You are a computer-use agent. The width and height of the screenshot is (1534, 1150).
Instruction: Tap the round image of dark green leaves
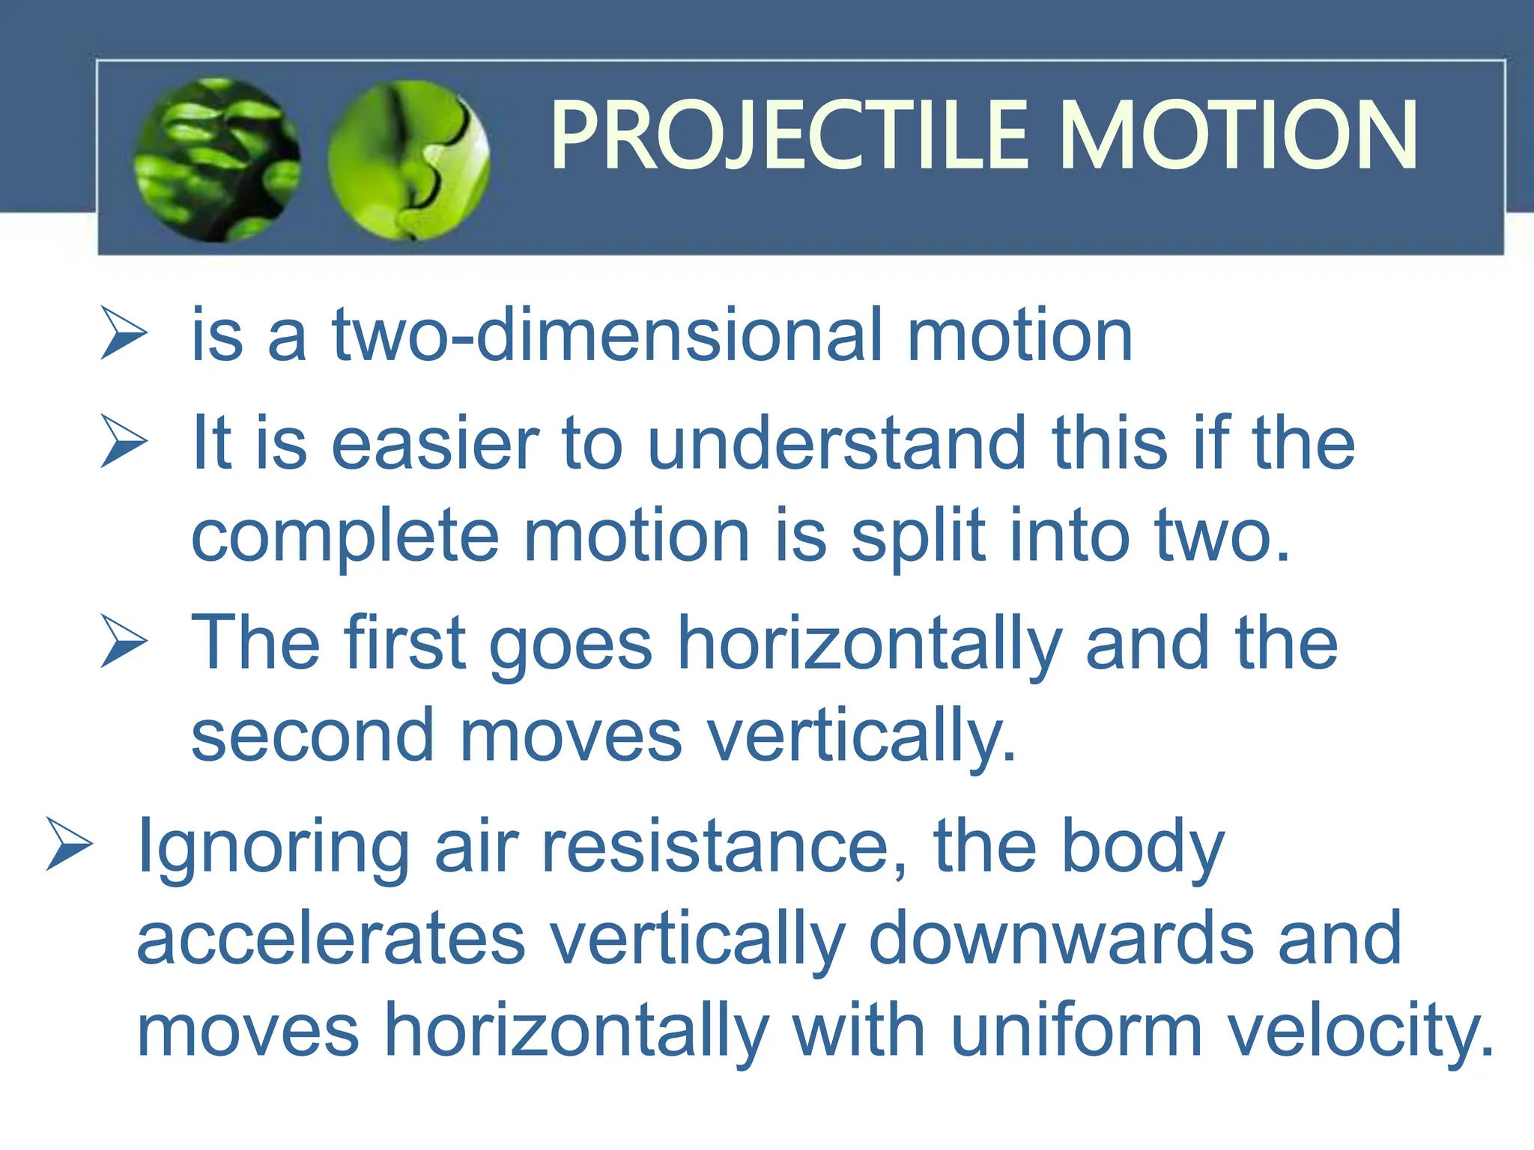click(x=217, y=160)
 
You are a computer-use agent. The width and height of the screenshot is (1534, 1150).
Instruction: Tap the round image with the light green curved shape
click(x=409, y=160)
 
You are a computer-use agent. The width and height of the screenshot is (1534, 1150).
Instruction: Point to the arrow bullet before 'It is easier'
click(x=124, y=442)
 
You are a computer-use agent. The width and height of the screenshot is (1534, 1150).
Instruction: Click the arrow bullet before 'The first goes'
click(x=124, y=641)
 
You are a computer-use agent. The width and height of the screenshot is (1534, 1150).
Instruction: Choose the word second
click(x=312, y=737)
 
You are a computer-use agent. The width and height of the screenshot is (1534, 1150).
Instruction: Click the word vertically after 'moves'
click(x=861, y=738)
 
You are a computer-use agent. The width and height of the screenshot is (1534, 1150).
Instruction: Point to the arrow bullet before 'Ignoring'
click(x=69, y=844)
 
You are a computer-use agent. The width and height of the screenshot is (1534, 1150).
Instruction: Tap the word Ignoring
click(x=273, y=848)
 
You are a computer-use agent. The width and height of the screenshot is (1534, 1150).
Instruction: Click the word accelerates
click(x=330, y=939)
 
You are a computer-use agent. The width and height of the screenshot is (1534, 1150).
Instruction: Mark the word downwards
click(x=1061, y=939)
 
